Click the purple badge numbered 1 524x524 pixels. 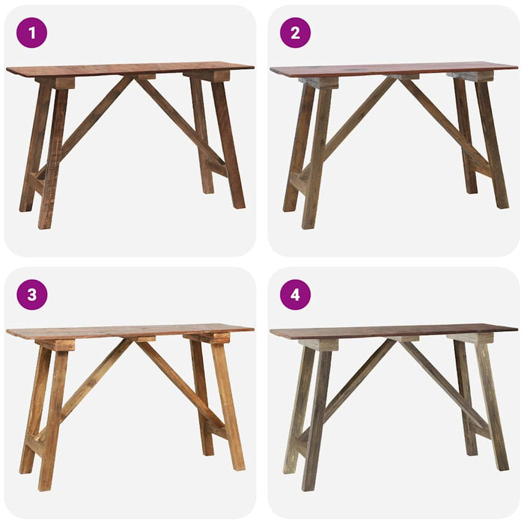point(31,33)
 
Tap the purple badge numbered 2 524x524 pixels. point(295,33)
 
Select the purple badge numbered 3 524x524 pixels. point(31,295)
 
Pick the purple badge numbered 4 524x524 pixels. point(295,295)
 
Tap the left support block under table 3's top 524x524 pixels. point(57,344)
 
